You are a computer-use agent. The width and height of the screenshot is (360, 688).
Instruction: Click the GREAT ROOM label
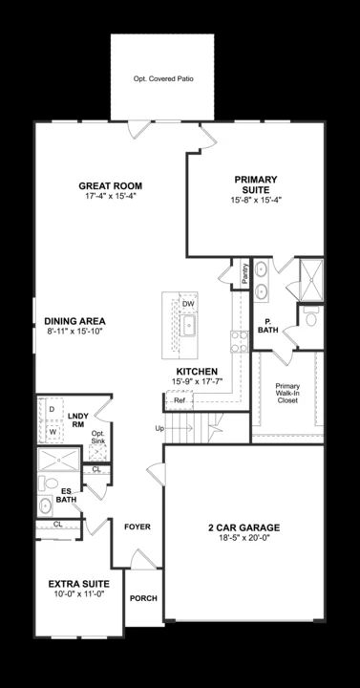tap(110, 186)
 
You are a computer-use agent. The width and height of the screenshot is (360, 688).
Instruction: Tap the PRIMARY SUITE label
tap(255, 184)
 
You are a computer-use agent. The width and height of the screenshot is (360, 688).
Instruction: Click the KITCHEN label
tap(197, 371)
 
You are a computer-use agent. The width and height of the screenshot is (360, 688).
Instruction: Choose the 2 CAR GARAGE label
tap(244, 527)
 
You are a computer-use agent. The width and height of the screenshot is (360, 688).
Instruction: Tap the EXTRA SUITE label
tap(78, 583)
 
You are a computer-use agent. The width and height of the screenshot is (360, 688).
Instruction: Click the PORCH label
tap(143, 598)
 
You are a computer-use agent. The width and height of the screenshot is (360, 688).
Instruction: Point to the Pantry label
tap(244, 273)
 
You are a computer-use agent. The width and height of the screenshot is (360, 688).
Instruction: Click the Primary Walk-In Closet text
tap(287, 392)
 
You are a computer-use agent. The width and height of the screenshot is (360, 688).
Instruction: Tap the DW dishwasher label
tap(188, 304)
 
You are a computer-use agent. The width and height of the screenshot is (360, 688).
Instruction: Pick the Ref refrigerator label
tap(180, 399)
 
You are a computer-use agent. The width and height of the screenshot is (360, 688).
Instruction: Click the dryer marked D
tap(52, 409)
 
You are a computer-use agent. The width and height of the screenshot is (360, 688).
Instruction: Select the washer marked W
tap(52, 431)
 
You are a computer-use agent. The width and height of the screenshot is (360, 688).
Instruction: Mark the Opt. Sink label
tap(96, 438)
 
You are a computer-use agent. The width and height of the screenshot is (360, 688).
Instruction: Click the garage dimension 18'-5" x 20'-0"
tap(244, 538)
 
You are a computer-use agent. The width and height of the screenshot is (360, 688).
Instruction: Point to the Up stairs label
tap(159, 428)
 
